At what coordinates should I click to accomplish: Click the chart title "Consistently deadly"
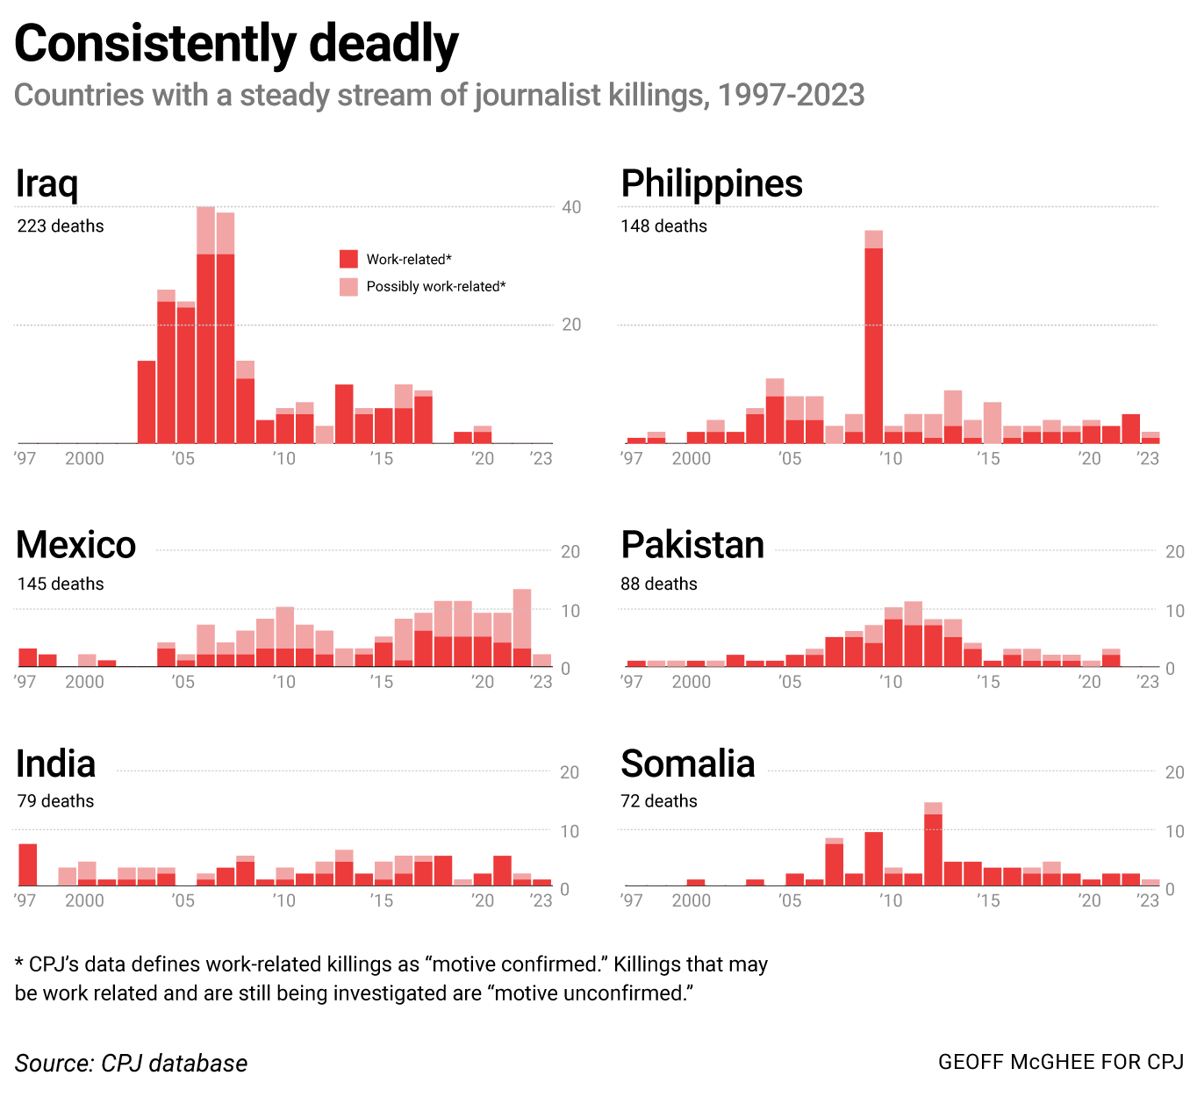click(x=236, y=44)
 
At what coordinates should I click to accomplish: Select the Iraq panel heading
click(x=47, y=183)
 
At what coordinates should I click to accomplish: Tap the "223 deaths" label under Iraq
click(x=61, y=226)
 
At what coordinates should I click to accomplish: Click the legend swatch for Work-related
click(x=348, y=259)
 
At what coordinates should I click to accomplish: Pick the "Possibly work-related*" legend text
click(x=436, y=287)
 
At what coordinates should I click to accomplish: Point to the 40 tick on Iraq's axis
click(x=571, y=207)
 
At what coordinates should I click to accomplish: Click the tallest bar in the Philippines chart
click(x=873, y=342)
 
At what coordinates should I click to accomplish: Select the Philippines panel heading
click(x=712, y=183)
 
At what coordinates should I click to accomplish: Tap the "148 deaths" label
click(x=663, y=226)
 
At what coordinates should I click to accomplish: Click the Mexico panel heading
click(x=76, y=545)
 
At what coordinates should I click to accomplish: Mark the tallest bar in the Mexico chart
click(x=522, y=627)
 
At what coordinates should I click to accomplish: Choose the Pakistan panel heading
click(x=692, y=545)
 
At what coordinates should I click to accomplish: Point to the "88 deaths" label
click(x=658, y=584)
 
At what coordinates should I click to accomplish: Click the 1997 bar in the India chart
click(x=28, y=865)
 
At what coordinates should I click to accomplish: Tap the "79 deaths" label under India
click(x=55, y=801)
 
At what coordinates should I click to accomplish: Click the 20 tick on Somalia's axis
click(x=1174, y=772)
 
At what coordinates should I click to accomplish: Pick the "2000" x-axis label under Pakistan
click(x=691, y=682)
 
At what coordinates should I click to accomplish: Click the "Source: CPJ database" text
click(x=131, y=1064)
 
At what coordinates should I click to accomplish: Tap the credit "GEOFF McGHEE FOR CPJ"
click(x=1061, y=1062)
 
